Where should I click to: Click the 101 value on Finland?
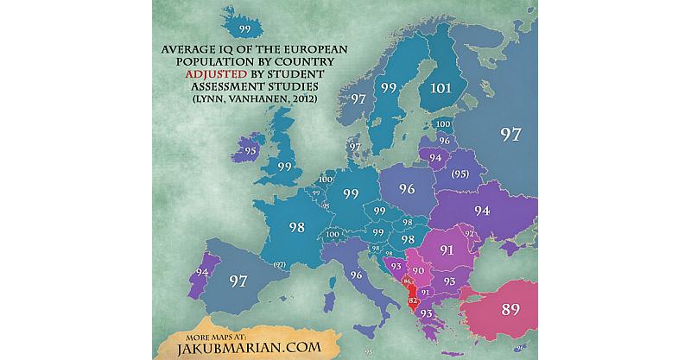point(440,87)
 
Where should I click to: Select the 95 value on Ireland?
point(250,150)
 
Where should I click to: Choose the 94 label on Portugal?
point(202,273)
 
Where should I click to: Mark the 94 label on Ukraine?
point(482,211)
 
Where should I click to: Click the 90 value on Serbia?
point(418,271)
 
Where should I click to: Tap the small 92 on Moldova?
point(470,233)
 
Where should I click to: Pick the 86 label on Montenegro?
point(406,282)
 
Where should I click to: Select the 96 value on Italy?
point(358,275)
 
